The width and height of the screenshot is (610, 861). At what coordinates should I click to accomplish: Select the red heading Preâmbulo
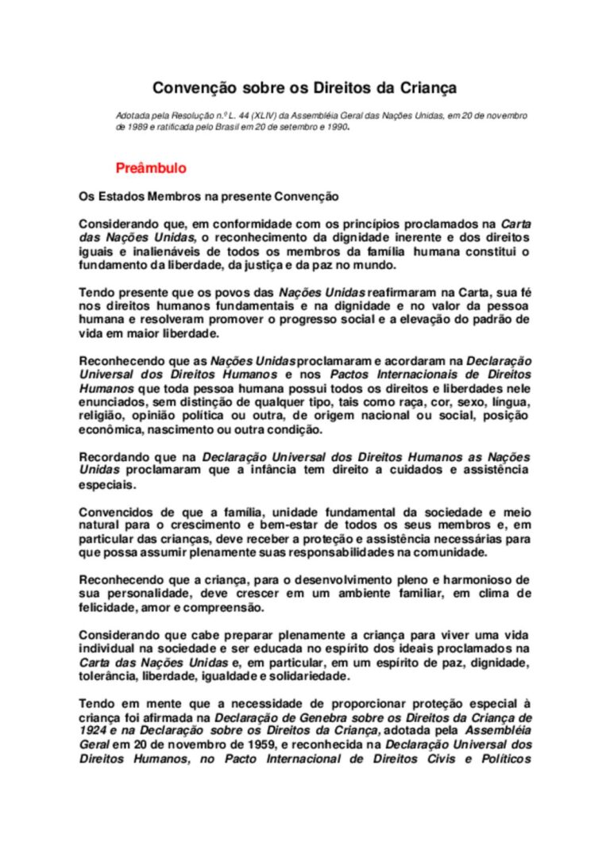(x=151, y=168)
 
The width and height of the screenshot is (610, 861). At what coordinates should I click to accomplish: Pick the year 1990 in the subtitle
(x=337, y=126)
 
